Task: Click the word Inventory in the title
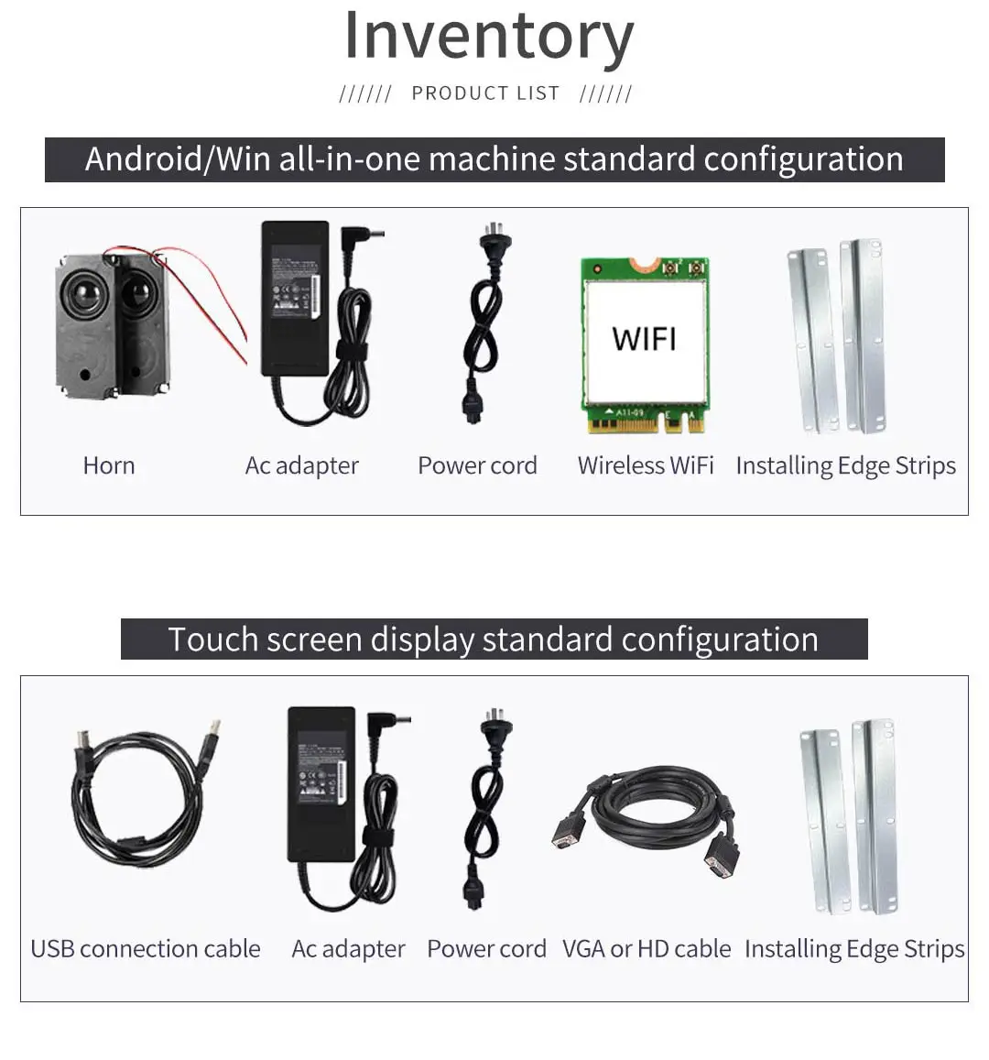pyautogui.click(x=489, y=37)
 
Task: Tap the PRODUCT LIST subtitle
pyautogui.click(x=485, y=93)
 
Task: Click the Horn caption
pyautogui.click(x=109, y=465)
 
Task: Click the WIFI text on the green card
pyautogui.click(x=644, y=339)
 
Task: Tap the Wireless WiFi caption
pyautogui.click(x=646, y=465)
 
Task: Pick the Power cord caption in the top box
pyautogui.click(x=477, y=465)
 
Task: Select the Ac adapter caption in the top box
pyautogui.click(x=301, y=465)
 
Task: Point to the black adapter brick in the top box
pyautogui.click(x=295, y=298)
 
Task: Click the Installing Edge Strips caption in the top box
pyautogui.click(x=846, y=465)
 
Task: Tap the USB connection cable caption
pyautogui.click(x=146, y=948)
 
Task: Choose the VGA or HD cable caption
pyautogui.click(x=647, y=948)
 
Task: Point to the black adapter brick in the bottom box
pyautogui.click(x=321, y=783)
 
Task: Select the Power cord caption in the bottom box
pyautogui.click(x=486, y=948)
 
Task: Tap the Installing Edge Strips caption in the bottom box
pyautogui.click(x=854, y=949)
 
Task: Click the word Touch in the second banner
pyautogui.click(x=213, y=639)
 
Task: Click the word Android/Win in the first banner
pyautogui.click(x=178, y=159)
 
